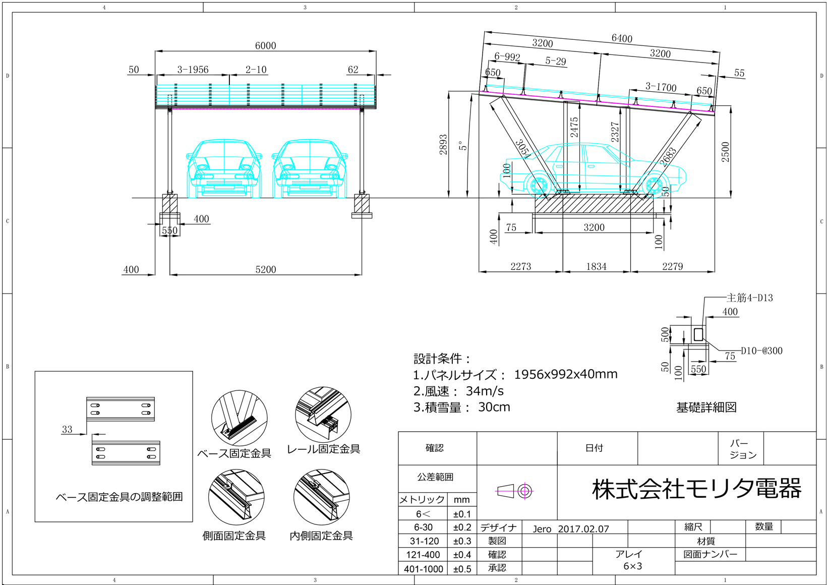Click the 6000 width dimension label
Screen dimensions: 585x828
click(x=265, y=46)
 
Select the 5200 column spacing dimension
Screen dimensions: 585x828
click(x=266, y=269)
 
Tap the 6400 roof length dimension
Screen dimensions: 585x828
click(x=622, y=38)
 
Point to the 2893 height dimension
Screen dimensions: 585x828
click(x=443, y=144)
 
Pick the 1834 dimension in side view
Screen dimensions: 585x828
click(x=596, y=266)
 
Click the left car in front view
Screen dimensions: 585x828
click(x=224, y=169)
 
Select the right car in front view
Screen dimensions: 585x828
click(x=310, y=169)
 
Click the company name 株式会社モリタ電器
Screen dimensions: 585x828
click(x=696, y=489)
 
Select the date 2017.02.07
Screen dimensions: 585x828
click(x=583, y=529)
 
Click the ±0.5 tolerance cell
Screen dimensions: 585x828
click(x=462, y=569)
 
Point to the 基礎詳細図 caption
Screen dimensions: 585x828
click(x=706, y=407)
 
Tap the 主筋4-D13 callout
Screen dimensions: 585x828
click(x=749, y=298)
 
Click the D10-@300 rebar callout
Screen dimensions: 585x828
click(x=761, y=350)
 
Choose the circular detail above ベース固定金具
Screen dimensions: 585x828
click(x=239, y=418)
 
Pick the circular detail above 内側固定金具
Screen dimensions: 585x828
click(x=321, y=497)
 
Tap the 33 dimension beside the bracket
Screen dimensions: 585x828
click(x=67, y=430)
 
